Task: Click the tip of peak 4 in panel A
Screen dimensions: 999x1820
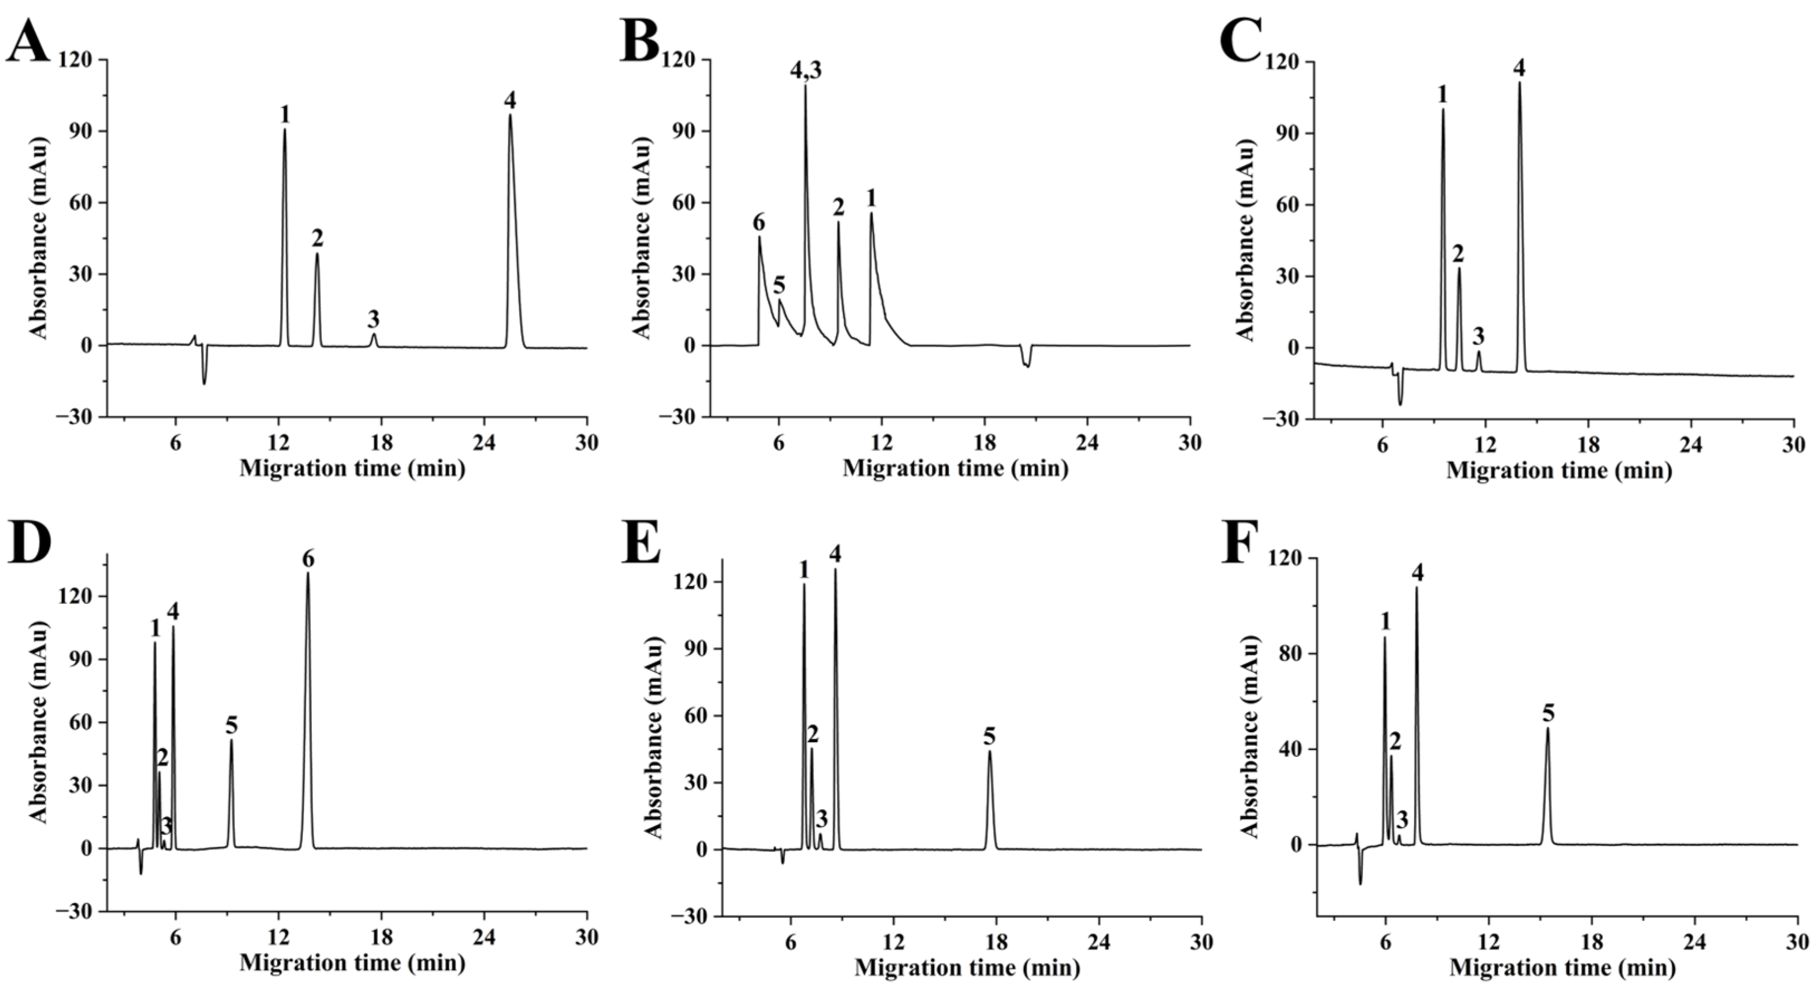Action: (x=510, y=115)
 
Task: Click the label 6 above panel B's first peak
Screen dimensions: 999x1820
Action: (x=759, y=223)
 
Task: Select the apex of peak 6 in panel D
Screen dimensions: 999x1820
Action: (x=308, y=574)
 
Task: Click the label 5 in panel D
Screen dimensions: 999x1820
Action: (x=232, y=724)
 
